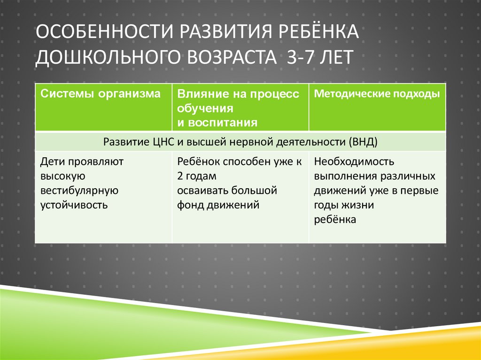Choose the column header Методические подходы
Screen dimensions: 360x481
coord(377,93)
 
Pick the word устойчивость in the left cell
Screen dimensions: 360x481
coord(74,205)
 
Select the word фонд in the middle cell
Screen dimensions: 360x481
coord(189,205)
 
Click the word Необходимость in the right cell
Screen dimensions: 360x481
coord(354,162)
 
